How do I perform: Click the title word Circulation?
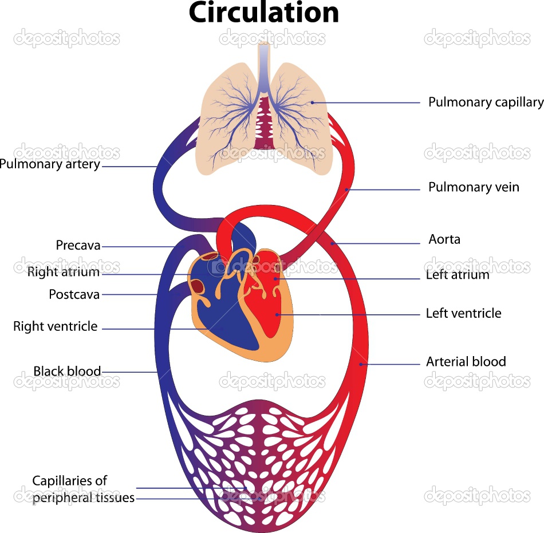(264, 13)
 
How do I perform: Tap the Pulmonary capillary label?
(486, 102)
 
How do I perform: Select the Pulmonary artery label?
(50, 164)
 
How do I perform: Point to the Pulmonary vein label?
(474, 187)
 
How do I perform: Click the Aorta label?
(444, 239)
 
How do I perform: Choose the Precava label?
(78, 246)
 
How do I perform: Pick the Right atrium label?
(63, 273)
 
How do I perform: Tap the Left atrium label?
(458, 275)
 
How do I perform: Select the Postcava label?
(74, 295)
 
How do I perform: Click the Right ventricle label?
(56, 327)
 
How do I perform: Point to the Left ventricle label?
(463, 314)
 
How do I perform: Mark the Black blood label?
(67, 372)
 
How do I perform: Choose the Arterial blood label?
(466, 362)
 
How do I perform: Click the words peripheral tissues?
(84, 498)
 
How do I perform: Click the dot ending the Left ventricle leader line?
(278, 314)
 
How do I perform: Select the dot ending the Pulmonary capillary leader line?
(312, 102)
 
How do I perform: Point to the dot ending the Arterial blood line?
(360, 364)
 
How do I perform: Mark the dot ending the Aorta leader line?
(332, 243)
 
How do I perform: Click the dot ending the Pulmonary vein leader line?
(346, 189)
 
